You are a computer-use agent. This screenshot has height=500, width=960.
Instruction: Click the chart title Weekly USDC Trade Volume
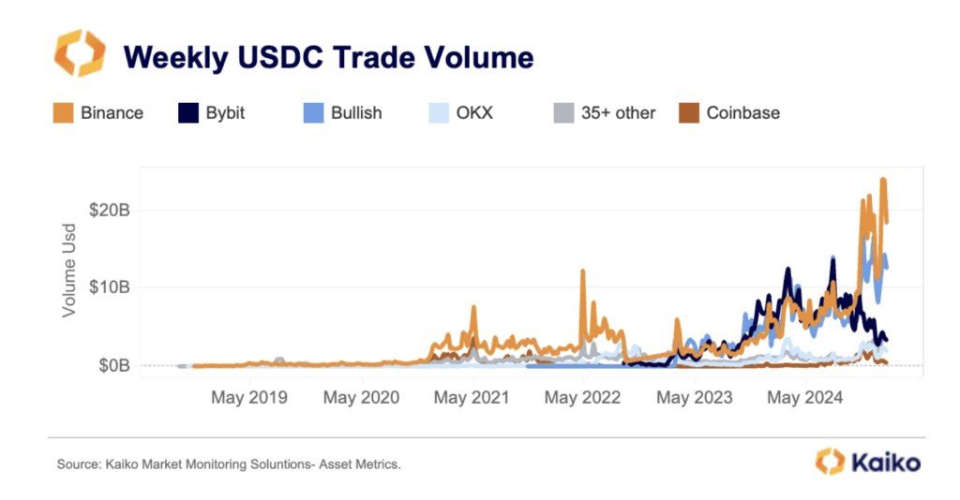328,57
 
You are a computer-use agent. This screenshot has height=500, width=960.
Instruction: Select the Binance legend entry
98,113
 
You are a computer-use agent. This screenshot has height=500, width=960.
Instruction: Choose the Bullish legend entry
343,113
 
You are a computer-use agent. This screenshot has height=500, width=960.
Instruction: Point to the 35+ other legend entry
605,113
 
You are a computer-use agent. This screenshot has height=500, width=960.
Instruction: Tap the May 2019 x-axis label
249,398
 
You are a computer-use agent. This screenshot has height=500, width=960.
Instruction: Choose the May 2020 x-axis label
361,398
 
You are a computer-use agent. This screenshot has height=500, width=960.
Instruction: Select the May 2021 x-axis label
472,398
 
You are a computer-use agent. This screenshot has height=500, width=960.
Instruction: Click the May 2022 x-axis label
583,398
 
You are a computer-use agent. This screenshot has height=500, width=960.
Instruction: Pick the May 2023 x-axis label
695,398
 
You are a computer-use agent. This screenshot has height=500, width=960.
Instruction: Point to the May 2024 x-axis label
805,398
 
